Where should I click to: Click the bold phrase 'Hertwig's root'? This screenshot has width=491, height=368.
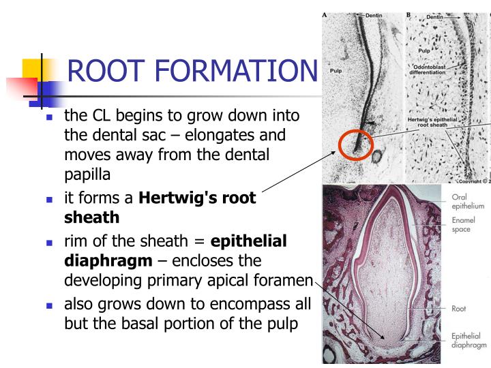point(198,198)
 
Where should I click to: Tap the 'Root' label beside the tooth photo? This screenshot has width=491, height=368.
point(460,308)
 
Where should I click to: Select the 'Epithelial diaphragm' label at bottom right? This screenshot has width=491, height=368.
point(468,340)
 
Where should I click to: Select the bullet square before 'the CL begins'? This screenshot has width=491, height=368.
point(49,117)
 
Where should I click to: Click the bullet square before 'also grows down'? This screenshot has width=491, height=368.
point(49,306)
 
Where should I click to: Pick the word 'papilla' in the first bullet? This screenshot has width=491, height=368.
point(87,174)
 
